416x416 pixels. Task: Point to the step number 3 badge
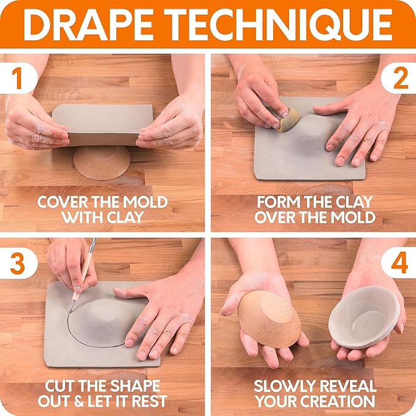(x=17, y=263)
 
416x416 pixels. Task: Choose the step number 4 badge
(x=399, y=263)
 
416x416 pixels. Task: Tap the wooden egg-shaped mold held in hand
(x=269, y=318)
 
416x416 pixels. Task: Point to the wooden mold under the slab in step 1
(x=102, y=162)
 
